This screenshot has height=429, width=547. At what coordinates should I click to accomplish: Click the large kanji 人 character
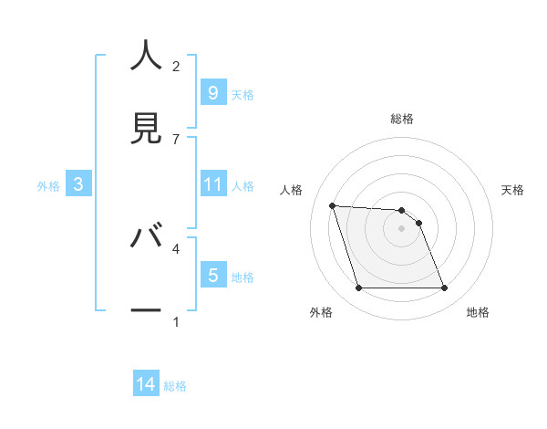pos(146,57)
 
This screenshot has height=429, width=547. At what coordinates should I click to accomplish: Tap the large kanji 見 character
pos(146,128)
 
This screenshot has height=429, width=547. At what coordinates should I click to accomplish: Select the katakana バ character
pos(146,237)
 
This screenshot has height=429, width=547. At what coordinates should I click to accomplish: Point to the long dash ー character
pos(146,311)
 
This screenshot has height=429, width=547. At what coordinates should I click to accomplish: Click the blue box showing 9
pos(212,92)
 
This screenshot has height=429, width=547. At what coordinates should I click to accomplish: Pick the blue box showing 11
pos(212,184)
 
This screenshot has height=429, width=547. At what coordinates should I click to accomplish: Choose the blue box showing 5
pos(212,276)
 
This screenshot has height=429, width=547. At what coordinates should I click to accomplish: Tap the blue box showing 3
pos(78,184)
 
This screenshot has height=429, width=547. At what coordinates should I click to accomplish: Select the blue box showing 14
pos(146,385)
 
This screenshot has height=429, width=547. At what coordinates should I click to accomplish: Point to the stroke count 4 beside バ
pos(176,247)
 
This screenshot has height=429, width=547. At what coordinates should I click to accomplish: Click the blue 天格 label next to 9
pos(243,94)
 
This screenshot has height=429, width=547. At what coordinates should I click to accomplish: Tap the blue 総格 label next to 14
pos(175,386)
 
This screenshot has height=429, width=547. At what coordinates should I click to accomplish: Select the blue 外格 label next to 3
pos(48,185)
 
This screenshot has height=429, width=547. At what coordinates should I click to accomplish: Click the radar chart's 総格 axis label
pos(402,119)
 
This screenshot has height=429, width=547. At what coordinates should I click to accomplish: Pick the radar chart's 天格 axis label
pos(512,190)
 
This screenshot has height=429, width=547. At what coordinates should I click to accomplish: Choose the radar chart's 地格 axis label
pos(478,312)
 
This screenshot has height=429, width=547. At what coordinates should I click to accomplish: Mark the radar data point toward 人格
pos(333,205)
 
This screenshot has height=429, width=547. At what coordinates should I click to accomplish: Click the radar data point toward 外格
pos(358,288)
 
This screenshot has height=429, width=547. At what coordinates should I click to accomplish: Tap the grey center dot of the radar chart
pos(402,228)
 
